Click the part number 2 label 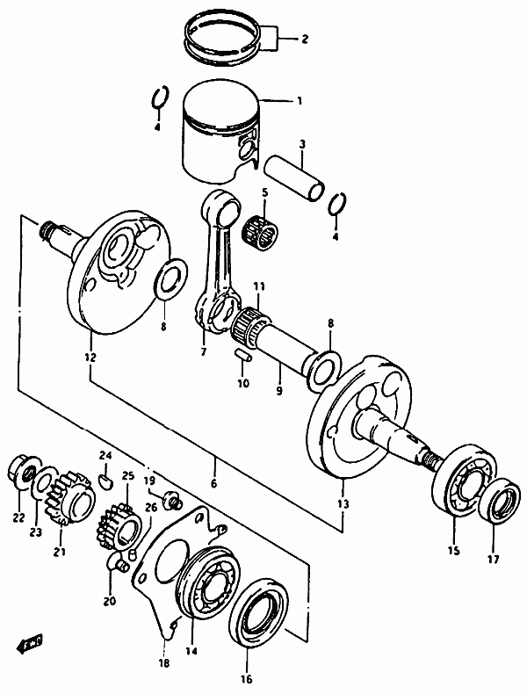tap(305, 40)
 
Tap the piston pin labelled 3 tap(293, 177)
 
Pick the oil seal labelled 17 tap(499, 502)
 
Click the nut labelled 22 tap(19, 474)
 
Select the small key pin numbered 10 tap(244, 355)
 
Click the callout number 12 tap(90, 357)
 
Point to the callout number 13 tap(343, 503)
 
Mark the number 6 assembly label tap(214, 483)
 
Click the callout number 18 tap(163, 663)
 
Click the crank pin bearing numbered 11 tap(252, 326)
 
